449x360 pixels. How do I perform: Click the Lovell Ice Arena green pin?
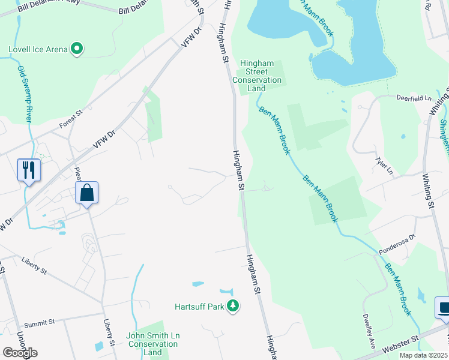[77, 49]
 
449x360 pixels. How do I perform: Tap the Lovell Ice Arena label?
[38, 49]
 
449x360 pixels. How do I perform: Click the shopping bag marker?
[87, 193]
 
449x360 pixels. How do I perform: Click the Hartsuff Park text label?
[199, 307]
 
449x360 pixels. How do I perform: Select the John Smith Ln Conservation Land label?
[153, 344]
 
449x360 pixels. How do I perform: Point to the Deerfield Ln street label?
[414, 97]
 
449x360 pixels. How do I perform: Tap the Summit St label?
[40, 322]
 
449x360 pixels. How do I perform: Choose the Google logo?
[20, 352]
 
